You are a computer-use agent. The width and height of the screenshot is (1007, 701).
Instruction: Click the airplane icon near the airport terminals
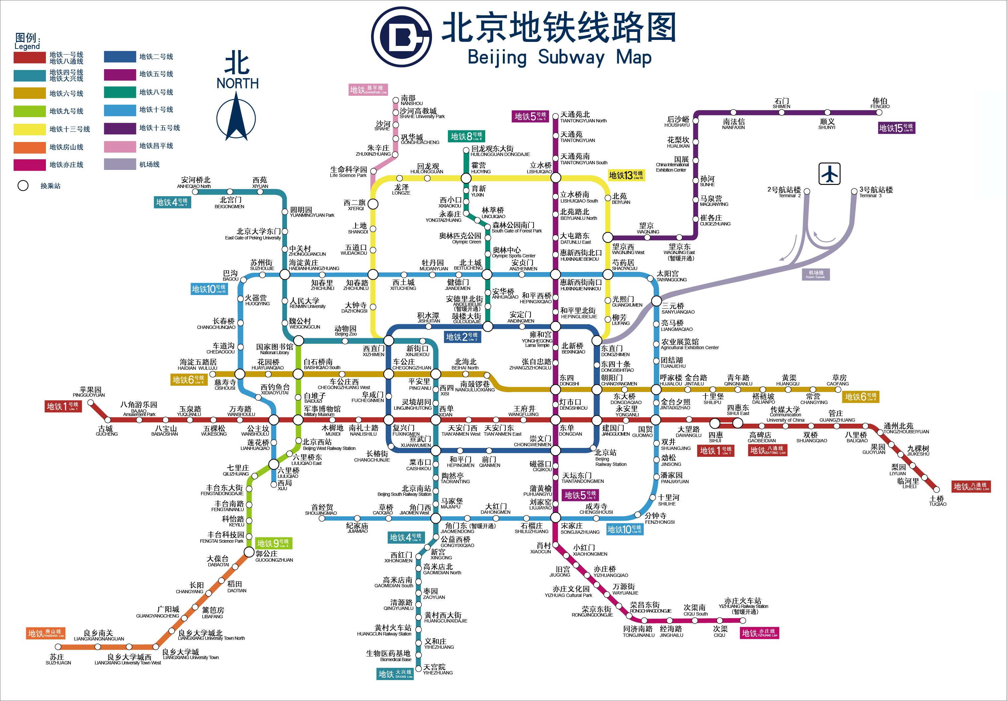(x=829, y=174)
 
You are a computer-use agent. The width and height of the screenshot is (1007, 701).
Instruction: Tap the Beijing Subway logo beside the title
(x=401, y=36)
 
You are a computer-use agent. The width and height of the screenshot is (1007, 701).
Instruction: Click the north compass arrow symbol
(x=236, y=118)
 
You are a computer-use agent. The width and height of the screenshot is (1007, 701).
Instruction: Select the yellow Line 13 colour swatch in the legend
(x=29, y=129)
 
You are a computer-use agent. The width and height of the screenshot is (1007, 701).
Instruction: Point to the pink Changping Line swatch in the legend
(x=120, y=146)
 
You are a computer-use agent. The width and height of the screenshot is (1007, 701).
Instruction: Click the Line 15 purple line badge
(x=896, y=128)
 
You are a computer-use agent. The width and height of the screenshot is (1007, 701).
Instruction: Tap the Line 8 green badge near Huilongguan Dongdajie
(x=466, y=136)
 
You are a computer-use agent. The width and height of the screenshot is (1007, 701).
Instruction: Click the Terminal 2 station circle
(x=806, y=191)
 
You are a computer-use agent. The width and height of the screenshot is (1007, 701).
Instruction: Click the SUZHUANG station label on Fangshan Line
(x=58, y=659)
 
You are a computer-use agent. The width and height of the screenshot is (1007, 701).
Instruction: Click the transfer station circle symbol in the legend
(x=23, y=186)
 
